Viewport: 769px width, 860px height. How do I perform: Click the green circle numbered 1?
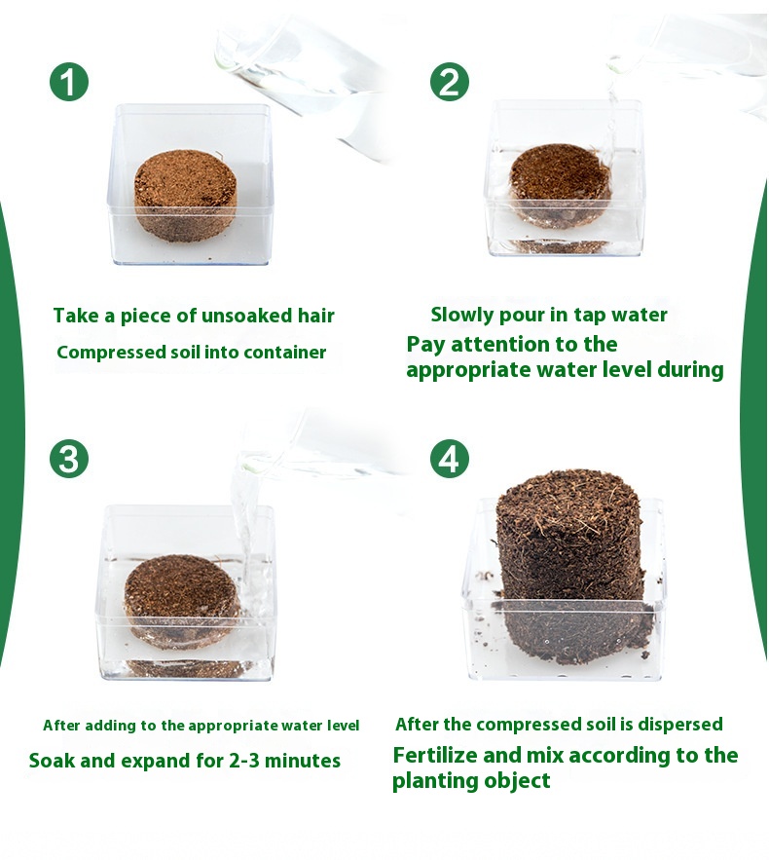coord(69,81)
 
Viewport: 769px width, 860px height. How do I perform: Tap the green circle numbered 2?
coord(450,81)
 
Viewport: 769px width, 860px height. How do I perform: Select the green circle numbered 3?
coord(69,458)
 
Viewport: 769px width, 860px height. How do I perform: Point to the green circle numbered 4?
coord(450,458)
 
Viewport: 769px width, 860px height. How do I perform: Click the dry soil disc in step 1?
coord(187,195)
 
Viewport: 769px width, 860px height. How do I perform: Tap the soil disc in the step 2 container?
coord(560,186)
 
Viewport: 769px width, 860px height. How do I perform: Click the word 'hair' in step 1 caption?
coord(315,316)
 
